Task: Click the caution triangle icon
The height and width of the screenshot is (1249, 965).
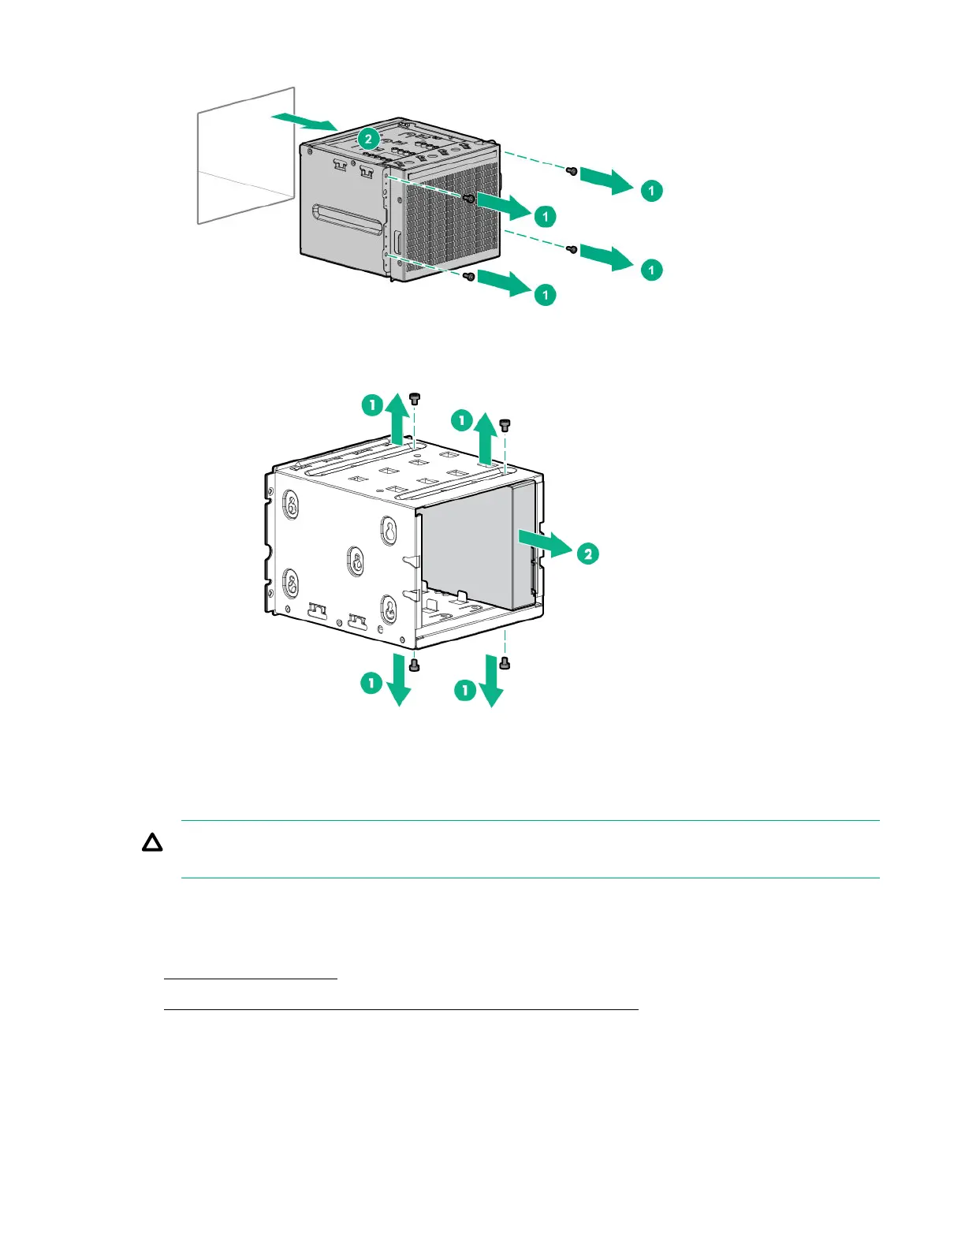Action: (152, 844)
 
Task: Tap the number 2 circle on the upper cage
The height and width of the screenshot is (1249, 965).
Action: (368, 139)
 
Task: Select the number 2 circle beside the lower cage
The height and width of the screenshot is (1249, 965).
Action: (588, 554)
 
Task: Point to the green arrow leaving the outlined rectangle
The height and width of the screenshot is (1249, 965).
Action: (304, 121)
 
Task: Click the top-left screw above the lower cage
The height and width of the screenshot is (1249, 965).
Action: (415, 398)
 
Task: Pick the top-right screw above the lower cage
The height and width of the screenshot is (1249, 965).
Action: (505, 424)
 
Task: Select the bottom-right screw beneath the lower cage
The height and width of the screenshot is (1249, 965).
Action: (505, 664)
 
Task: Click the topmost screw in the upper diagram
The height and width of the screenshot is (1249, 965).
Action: (573, 170)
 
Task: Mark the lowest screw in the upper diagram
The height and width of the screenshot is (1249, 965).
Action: (469, 277)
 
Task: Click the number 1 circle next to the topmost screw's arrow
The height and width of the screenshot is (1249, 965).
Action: (651, 191)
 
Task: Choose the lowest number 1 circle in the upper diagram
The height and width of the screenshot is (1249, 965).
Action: (545, 295)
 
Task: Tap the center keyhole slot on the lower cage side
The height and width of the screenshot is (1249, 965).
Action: (356, 561)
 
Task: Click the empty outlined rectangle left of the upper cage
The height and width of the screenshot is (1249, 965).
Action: (245, 155)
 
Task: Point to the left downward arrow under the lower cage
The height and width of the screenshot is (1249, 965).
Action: (399, 679)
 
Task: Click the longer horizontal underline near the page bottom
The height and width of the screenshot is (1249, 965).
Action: (401, 1009)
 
